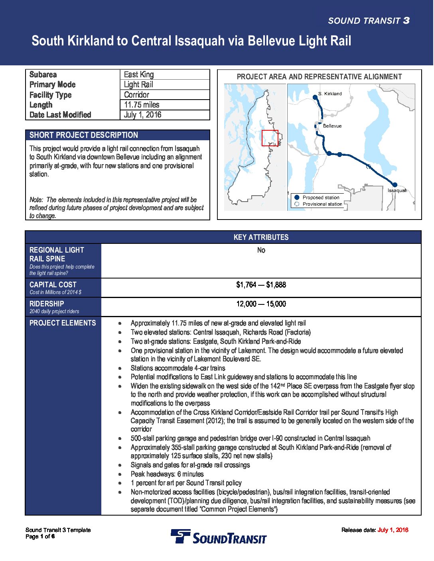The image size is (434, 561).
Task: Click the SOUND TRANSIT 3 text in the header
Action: (369, 21)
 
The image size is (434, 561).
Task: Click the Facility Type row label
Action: (51, 95)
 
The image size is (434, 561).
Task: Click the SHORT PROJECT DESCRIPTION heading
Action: (84, 135)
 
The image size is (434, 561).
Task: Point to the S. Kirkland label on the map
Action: (330, 94)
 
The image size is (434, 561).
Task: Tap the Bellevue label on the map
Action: (332, 126)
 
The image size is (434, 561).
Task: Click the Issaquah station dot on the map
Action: (395, 184)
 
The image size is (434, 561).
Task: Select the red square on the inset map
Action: (270, 138)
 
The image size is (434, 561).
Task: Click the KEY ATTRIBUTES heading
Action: (261, 237)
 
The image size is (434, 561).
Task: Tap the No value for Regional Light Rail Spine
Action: (261, 250)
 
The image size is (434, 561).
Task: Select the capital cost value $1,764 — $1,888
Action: (261, 285)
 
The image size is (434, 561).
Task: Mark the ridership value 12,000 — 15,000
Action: (261, 304)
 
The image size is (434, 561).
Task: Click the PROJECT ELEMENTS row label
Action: (63, 323)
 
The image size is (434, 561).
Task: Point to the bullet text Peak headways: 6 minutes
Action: (167, 474)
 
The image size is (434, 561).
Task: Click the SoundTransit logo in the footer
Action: (219, 537)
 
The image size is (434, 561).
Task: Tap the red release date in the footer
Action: (393, 530)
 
